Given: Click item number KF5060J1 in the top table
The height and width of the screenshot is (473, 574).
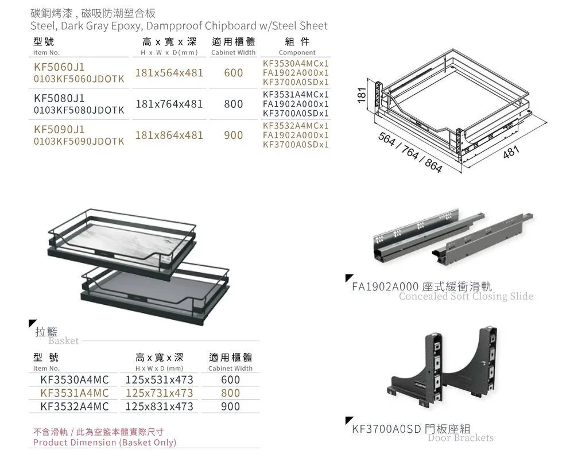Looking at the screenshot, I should tap(59, 67).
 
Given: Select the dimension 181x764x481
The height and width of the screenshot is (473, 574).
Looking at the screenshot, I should tap(169, 104).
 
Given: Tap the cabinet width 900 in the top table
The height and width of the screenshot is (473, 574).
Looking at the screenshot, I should tap(233, 135).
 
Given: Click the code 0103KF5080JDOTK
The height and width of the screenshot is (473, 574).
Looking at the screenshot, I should tap(79, 110).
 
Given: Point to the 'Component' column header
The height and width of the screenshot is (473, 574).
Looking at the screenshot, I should tap(297, 52).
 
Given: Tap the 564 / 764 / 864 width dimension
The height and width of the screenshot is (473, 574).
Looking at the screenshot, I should tap(409, 153).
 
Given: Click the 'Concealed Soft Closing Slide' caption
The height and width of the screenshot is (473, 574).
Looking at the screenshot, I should tap(466, 296).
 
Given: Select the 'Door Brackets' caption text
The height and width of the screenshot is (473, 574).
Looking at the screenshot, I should tap(460, 438).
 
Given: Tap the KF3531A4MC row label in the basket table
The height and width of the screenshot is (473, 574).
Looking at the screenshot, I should tap(74, 393).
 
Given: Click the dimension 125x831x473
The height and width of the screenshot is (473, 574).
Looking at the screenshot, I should tap(159, 406).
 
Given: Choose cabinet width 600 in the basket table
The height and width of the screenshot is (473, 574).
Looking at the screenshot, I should tap(230, 380).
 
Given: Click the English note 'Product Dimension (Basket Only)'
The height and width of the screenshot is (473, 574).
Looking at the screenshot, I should tap(104, 443).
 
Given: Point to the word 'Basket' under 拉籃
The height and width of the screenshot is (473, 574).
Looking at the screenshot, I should tap(63, 340).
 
